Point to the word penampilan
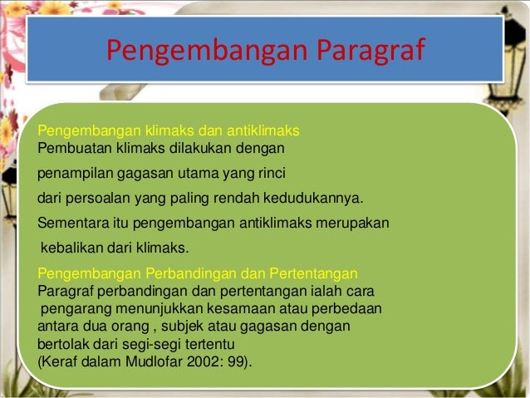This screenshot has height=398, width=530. pos(70,174)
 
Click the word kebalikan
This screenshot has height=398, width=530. pos(71,248)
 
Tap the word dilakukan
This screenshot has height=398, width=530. pos(198,149)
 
